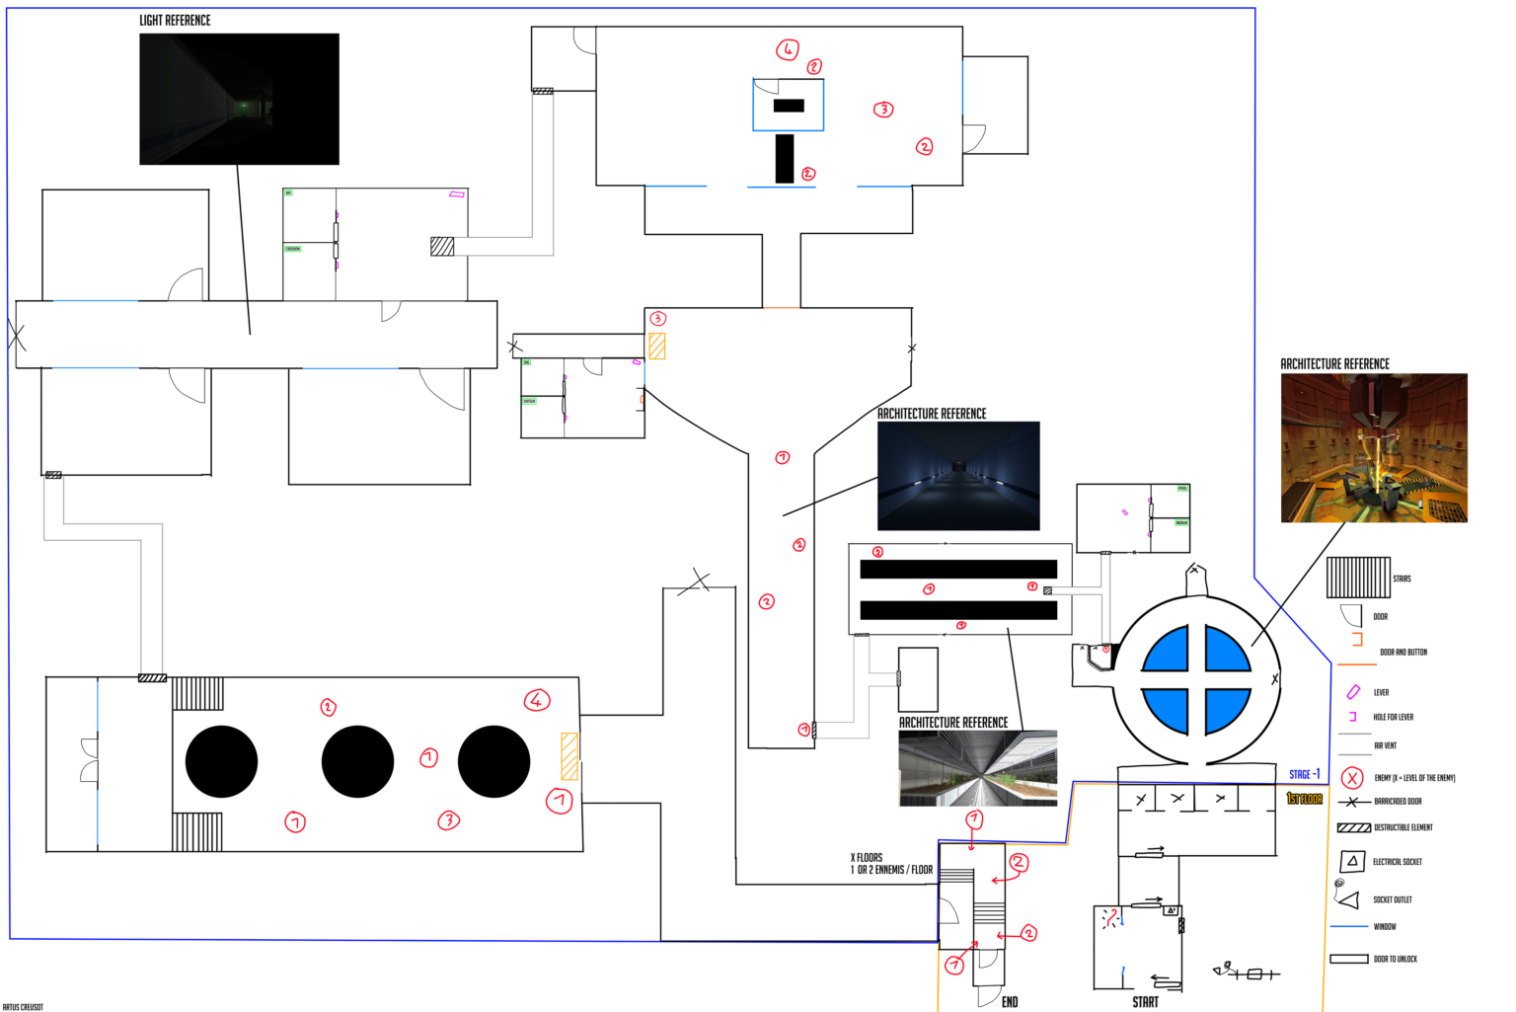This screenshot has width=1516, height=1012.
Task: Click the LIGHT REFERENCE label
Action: (x=175, y=20)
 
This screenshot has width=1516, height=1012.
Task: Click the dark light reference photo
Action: (x=239, y=99)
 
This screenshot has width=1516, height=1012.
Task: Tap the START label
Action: (x=1145, y=1001)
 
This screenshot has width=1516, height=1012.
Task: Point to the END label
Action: (x=1010, y=1001)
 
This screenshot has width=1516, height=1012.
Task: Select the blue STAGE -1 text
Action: (x=1304, y=774)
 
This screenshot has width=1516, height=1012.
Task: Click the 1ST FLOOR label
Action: (x=1304, y=799)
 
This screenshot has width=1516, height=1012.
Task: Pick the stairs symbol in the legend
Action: (x=1358, y=578)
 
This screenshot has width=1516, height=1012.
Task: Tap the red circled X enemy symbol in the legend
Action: (x=1352, y=778)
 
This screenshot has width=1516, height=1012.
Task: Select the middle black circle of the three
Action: (x=357, y=761)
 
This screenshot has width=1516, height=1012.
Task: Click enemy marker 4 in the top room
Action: (x=787, y=49)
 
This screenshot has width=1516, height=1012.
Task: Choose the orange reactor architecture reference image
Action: (x=1374, y=448)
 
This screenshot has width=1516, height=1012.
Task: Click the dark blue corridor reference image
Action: (x=958, y=476)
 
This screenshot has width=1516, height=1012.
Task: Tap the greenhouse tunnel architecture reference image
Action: (x=978, y=768)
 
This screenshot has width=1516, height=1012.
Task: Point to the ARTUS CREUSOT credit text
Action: (x=23, y=1007)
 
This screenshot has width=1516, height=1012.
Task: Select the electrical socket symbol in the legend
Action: (x=1352, y=862)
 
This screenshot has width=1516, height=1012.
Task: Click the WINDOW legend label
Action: (x=1385, y=926)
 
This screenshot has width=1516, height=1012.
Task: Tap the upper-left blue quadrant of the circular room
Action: (x=1169, y=650)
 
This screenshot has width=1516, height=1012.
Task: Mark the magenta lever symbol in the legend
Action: (x=1353, y=692)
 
